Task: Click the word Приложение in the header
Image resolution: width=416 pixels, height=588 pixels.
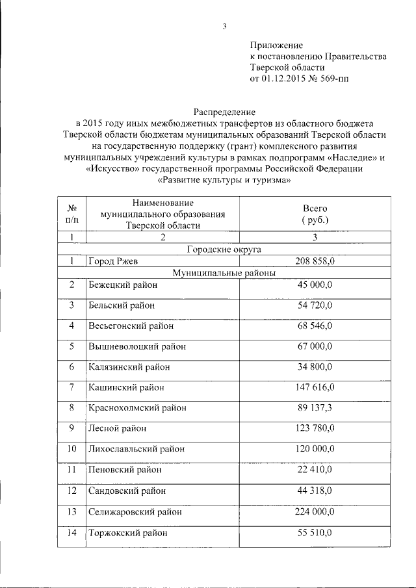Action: pos(277,45)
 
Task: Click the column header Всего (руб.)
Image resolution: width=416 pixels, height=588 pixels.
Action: pos(315,214)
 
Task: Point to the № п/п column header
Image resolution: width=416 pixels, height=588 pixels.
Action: pos(72,214)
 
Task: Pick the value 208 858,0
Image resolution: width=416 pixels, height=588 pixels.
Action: pos(315,261)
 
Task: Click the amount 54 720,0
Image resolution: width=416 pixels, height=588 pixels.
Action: pos(315,305)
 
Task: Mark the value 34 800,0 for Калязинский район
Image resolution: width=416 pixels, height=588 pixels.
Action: pos(315,367)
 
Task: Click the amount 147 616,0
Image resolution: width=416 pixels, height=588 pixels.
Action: pos(315,387)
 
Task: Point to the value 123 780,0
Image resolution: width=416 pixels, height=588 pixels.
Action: pos(315,428)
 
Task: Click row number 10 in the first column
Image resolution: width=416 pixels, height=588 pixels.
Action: pos(72,448)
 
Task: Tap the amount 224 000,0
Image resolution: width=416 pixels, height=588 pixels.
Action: pos(315,512)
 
